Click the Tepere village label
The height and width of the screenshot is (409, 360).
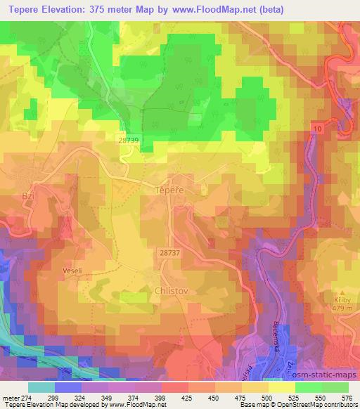167,190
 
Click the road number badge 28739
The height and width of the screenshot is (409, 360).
129,141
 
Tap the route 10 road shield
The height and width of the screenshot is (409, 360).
318,129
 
